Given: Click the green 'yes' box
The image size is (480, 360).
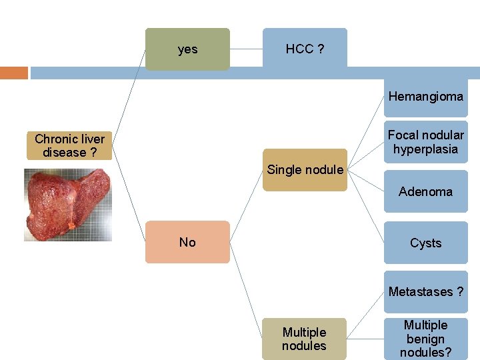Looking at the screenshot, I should coord(187,49).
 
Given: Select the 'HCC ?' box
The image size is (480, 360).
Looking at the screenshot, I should coord(305,49).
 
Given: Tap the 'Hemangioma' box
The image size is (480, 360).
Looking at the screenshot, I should coord(425,97).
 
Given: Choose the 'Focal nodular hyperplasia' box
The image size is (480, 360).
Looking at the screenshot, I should coord(425,142).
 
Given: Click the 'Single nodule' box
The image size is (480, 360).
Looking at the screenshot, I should coord(305,170).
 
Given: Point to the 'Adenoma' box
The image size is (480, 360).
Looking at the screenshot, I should coord(425,192).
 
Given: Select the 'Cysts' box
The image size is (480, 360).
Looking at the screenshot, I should coord(425,243).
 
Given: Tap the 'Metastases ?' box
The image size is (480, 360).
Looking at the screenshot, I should coord(425,291).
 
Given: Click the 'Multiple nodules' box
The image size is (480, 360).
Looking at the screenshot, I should coord(305,339).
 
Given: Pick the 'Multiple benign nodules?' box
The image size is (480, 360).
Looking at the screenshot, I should coord(425,339).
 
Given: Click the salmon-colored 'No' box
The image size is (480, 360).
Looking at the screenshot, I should coord(187,242).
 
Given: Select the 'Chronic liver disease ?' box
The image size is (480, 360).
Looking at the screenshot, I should coord(70,146).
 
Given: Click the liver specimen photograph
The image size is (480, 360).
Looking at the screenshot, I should coord(68,204).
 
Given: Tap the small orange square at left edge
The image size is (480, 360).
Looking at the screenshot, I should coord(13,73).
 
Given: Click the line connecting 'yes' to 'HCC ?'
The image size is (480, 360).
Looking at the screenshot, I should coord(246,49).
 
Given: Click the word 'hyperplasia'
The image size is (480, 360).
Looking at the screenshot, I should coord(425,149).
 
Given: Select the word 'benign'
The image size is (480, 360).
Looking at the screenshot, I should coord(425,339).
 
